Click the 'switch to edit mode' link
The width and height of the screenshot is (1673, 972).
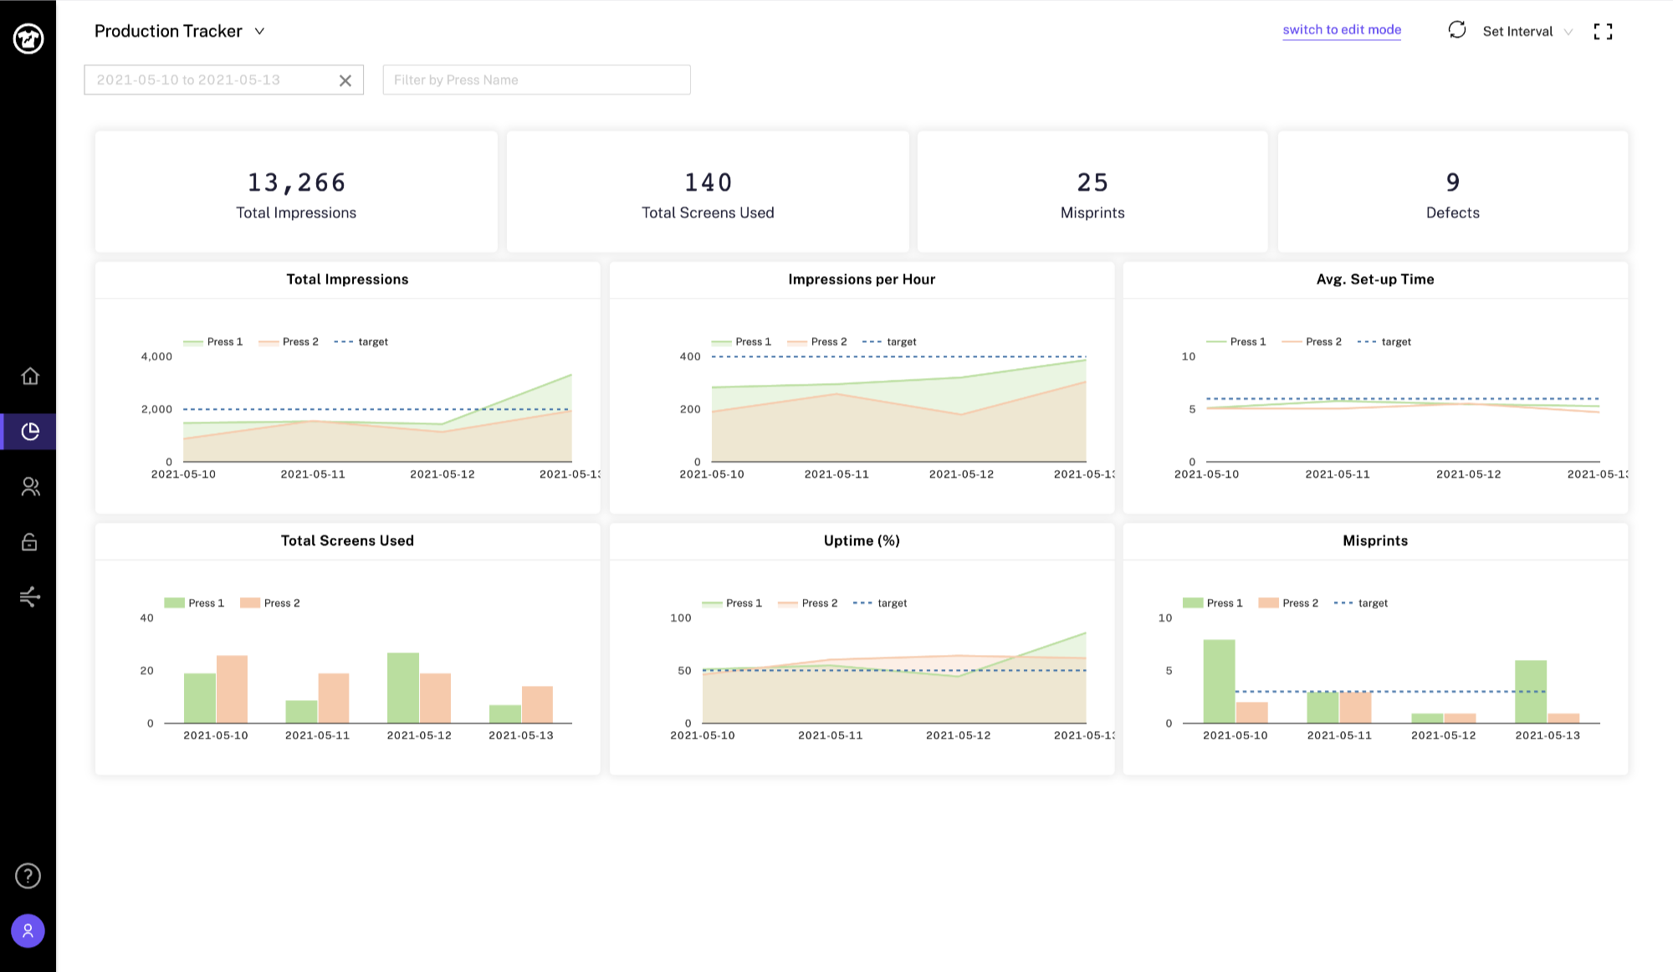pyautogui.click(x=1342, y=30)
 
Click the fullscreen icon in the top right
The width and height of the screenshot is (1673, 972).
pyautogui.click(x=1603, y=32)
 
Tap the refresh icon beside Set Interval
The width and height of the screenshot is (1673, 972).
pyautogui.click(x=1457, y=30)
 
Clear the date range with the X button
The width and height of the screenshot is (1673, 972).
pyautogui.click(x=345, y=80)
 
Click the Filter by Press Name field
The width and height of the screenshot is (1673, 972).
pyautogui.click(x=536, y=80)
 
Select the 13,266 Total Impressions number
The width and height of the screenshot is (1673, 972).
pyautogui.click(x=296, y=182)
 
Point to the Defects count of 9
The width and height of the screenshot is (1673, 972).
pyautogui.click(x=1453, y=182)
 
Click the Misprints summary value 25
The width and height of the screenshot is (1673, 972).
pyautogui.click(x=1092, y=182)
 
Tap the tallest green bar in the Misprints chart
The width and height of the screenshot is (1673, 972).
pyautogui.click(x=1219, y=681)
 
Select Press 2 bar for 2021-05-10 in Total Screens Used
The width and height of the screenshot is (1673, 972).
pyautogui.click(x=232, y=689)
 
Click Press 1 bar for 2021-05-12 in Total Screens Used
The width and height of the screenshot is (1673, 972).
pyautogui.click(x=403, y=688)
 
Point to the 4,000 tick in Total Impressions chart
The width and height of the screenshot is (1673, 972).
pyautogui.click(x=156, y=356)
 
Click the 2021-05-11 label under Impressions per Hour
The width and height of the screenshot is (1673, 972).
pyautogui.click(x=836, y=474)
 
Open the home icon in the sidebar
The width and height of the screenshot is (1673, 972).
pyautogui.click(x=30, y=376)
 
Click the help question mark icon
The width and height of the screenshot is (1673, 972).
pyautogui.click(x=28, y=876)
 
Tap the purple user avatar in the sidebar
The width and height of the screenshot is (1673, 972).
pyautogui.click(x=28, y=931)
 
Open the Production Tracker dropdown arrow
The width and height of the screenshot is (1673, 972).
pyautogui.click(x=259, y=32)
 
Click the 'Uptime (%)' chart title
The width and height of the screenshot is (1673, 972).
pyautogui.click(x=862, y=540)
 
